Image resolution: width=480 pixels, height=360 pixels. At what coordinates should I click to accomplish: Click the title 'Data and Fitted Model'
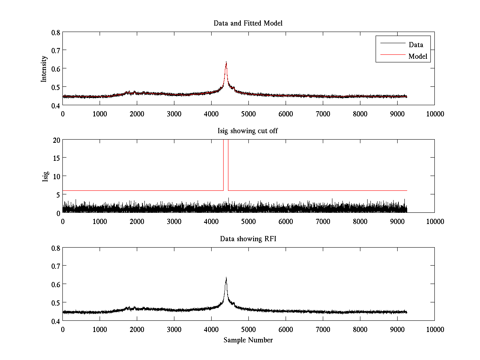248,23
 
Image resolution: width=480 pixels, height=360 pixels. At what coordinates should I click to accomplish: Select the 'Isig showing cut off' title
248,131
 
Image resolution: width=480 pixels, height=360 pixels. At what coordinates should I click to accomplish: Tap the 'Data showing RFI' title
248,239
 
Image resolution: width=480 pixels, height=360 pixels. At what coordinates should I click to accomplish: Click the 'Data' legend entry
416,44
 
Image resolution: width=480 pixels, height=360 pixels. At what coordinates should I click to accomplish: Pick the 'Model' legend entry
418,56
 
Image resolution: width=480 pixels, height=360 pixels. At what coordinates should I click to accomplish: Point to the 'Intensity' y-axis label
44,68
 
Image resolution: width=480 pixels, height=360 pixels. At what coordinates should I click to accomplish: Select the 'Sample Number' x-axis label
248,340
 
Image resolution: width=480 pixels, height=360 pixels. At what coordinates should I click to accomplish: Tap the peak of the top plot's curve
226,62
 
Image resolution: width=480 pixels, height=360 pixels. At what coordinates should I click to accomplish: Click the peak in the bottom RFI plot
226,278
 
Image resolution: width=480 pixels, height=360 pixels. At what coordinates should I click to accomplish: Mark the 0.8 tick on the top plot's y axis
55,32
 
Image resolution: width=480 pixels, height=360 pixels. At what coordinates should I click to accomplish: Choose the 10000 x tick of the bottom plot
435,329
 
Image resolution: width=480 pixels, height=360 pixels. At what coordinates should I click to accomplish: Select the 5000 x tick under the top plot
248,114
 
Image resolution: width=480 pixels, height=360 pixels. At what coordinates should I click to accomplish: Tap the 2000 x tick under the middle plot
137,221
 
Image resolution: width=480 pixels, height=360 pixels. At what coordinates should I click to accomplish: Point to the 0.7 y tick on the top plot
55,50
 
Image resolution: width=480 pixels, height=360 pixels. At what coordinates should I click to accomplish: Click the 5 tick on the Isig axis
58,194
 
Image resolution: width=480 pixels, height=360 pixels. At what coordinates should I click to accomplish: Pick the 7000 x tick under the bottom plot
323,329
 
